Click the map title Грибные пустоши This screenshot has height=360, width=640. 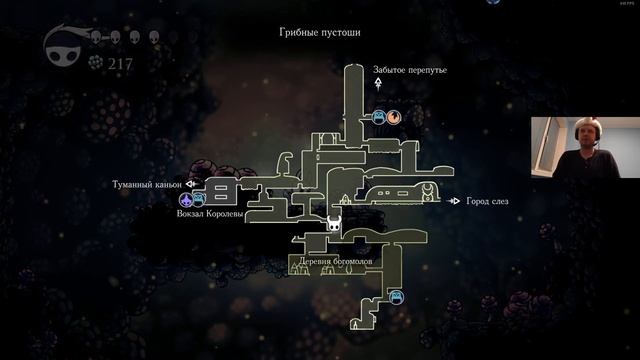[320, 33]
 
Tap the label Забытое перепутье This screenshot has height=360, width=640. [409, 71]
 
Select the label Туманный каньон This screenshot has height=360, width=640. [148, 185]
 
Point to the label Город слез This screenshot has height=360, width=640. [487, 201]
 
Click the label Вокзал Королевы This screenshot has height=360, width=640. [209, 213]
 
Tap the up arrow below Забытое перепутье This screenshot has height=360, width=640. [379, 86]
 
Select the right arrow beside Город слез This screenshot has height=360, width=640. [454, 201]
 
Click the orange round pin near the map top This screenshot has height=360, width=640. [394, 117]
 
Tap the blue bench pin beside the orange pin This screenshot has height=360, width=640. [379, 117]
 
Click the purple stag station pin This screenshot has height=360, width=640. [185, 200]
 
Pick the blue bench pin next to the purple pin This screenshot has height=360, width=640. [199, 200]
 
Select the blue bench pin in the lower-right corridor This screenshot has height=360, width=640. [396, 296]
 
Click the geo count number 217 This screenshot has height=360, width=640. [122, 62]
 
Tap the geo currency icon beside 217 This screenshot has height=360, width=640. [97, 62]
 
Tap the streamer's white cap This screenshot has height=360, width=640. [583, 124]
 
